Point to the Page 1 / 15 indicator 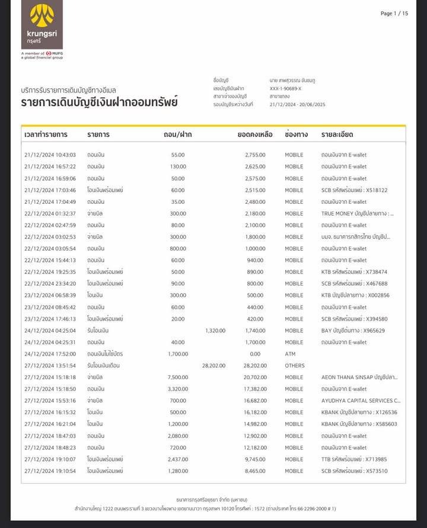(x=394, y=14)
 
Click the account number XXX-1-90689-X (x=285, y=88)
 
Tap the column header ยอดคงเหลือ (x=255, y=135)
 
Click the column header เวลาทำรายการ (x=46, y=135)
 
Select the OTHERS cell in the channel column (x=295, y=366)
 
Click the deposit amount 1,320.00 (x=215, y=331)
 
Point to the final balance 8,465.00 (x=255, y=471)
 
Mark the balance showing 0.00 (x=259, y=354)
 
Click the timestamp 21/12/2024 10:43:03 (x=50, y=155)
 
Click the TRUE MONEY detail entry (x=357, y=213)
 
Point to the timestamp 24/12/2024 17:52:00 (x=50, y=354)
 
